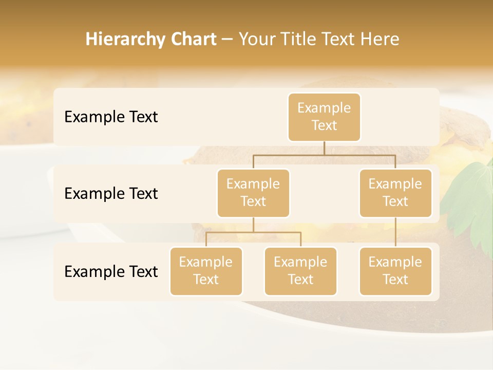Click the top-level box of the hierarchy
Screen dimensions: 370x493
[x=324, y=117]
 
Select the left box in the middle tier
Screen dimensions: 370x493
[x=253, y=193]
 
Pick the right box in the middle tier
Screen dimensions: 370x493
[x=395, y=193]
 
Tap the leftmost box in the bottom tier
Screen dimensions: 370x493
[x=206, y=271]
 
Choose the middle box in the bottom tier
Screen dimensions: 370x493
[x=300, y=271]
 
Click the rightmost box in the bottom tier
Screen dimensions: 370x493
[x=395, y=271]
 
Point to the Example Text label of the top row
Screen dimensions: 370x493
[x=111, y=117]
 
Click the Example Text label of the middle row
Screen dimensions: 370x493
[x=111, y=193]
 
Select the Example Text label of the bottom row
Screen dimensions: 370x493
[x=111, y=271]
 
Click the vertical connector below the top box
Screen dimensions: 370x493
[x=324, y=148]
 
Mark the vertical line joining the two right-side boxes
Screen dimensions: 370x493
[x=395, y=232]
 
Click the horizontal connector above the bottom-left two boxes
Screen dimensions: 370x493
[x=253, y=232]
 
